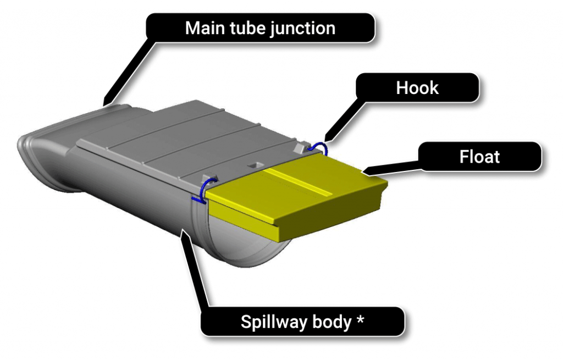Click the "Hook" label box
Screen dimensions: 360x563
pos(417,88)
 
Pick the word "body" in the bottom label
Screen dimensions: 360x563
pos(332,322)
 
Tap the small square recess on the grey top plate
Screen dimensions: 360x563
pos(254,164)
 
